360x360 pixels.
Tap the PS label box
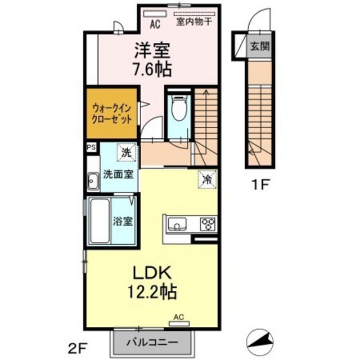tap(91, 147)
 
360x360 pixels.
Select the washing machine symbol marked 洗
tap(126, 152)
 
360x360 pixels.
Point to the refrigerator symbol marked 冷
tap(208, 179)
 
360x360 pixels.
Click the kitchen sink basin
tap(177, 224)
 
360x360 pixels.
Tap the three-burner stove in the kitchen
tap(208, 224)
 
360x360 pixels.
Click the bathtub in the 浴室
tap(100, 221)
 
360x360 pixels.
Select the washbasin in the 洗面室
tap(93, 181)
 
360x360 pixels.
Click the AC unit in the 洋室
tap(155, 13)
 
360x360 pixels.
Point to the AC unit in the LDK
tap(179, 324)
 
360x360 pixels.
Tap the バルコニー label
tap(152, 343)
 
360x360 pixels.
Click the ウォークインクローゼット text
tap(112, 114)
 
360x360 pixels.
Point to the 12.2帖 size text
tap(152, 292)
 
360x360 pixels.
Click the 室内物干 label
tap(194, 22)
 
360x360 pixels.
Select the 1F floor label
tap(260, 184)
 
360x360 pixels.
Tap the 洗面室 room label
tap(118, 174)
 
